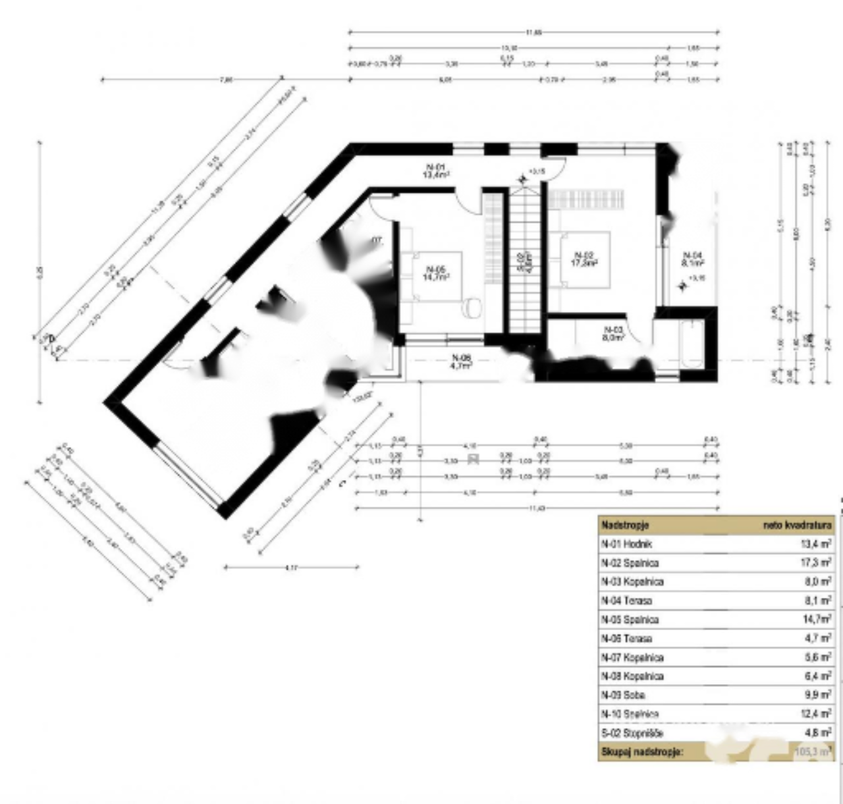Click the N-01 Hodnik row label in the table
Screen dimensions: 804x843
(x=626, y=544)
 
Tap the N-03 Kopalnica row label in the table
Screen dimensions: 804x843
(x=632, y=581)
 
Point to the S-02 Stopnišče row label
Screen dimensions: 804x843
(x=632, y=733)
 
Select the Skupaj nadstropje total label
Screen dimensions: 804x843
(x=641, y=751)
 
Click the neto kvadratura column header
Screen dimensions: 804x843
(x=797, y=525)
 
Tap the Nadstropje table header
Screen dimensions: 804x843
(x=625, y=525)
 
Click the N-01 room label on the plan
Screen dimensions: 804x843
(x=436, y=171)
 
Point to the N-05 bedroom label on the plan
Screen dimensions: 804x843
(x=436, y=273)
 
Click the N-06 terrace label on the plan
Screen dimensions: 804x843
(x=462, y=362)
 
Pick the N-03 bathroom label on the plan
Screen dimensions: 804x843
(x=613, y=333)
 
